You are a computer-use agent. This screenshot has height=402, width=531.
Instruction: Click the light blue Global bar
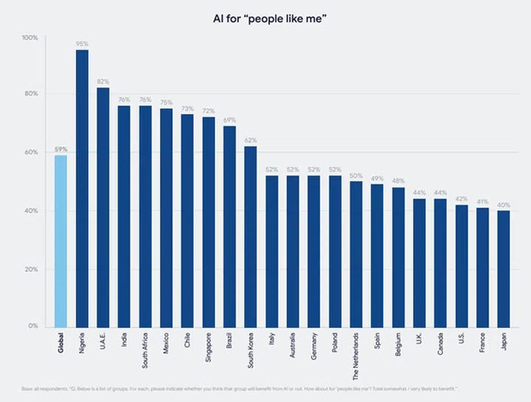[60, 241]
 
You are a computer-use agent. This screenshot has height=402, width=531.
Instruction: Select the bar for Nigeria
[82, 188]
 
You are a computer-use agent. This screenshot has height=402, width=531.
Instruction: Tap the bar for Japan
[503, 269]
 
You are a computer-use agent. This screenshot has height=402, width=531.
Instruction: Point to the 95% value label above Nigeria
[82, 43]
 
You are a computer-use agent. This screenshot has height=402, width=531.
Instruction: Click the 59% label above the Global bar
[60, 149]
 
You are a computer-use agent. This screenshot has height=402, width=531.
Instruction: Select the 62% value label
[251, 141]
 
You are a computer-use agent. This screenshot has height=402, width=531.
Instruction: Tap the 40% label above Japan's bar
[503, 205]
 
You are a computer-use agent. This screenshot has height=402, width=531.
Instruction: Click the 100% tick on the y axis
[30, 38]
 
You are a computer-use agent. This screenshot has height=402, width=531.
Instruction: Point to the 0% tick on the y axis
[34, 326]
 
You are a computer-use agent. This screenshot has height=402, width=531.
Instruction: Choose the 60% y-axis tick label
[31, 152]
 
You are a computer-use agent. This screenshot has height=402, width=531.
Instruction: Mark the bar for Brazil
[229, 227]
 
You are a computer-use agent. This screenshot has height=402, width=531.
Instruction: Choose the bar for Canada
[440, 263]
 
